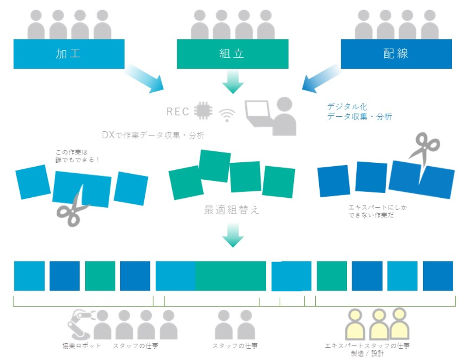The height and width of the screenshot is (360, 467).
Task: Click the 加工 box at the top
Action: [x=69, y=54]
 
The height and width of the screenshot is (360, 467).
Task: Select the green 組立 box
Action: [x=232, y=54]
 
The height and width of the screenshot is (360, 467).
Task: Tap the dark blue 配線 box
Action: [x=396, y=54]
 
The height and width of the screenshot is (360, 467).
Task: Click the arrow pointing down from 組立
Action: [x=232, y=83]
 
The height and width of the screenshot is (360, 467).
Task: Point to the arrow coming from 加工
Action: [x=145, y=80]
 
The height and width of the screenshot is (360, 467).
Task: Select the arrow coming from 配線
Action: [x=321, y=79]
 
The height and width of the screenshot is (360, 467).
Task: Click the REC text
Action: [x=178, y=112]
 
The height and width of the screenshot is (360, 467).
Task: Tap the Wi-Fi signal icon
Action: [x=227, y=115]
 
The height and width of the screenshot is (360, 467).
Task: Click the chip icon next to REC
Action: [x=203, y=111]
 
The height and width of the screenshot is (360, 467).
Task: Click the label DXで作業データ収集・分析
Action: [x=153, y=136]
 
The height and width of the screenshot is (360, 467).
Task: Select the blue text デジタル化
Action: [x=347, y=107]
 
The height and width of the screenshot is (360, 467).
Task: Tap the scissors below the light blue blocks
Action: [x=72, y=209]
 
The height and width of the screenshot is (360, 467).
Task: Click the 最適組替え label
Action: [x=232, y=210]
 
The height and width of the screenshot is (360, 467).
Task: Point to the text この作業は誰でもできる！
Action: [x=78, y=156]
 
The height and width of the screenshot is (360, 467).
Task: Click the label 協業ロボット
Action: [x=81, y=346]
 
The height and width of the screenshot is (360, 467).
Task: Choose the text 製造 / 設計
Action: [x=367, y=353]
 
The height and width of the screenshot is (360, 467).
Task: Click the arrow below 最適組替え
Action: [x=232, y=235]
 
